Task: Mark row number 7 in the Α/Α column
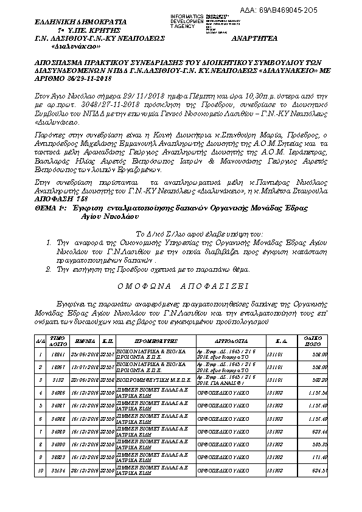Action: (40, 431)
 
